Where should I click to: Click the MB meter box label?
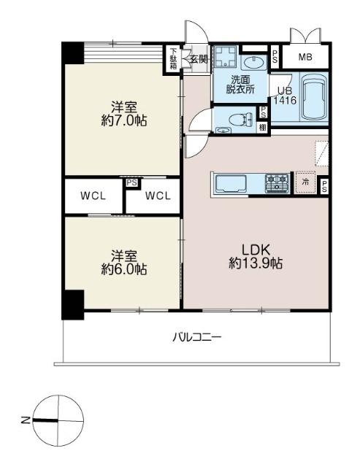click(x=305, y=57)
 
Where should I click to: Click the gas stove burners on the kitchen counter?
click(x=277, y=182)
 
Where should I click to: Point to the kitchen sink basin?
click(x=231, y=184)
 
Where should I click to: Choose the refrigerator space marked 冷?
click(x=305, y=182)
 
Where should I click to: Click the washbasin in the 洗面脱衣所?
click(x=253, y=63)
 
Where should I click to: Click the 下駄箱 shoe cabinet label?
click(x=173, y=58)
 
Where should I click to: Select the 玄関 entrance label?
click(x=199, y=59)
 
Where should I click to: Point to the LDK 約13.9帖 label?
click(x=256, y=256)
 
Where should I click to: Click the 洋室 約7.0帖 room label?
click(x=124, y=114)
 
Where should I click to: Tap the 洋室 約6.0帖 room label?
click(x=124, y=262)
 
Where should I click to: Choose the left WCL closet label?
click(x=93, y=196)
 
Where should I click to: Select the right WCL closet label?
click(x=158, y=196)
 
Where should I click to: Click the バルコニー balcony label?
click(x=197, y=337)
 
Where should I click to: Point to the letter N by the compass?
click(x=26, y=420)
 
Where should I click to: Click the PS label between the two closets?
click(x=132, y=182)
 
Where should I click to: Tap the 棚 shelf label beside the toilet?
click(x=263, y=128)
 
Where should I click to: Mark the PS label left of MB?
click(x=275, y=56)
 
